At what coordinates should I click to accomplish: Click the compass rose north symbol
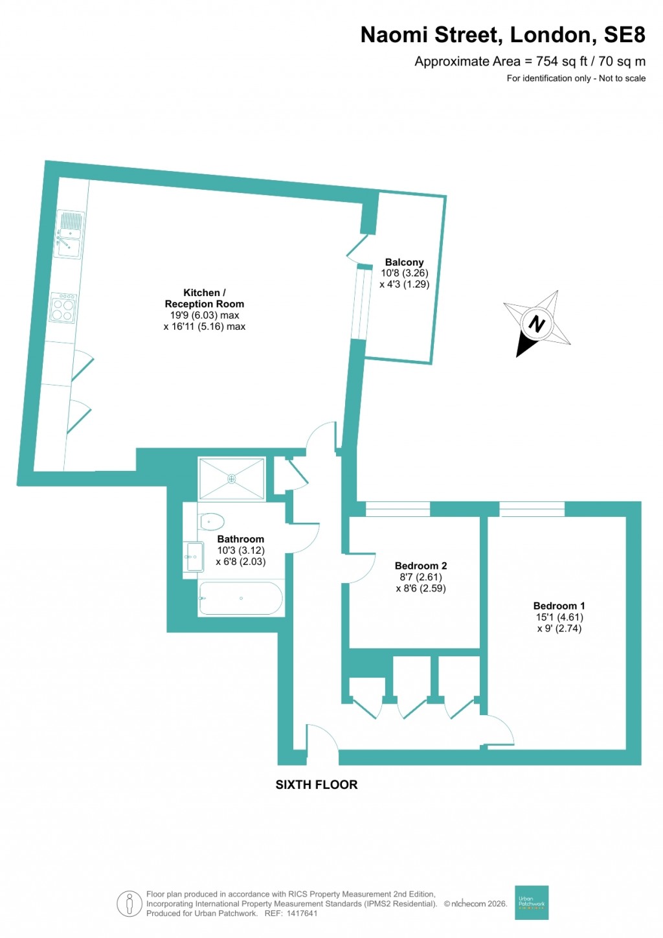point(537,323)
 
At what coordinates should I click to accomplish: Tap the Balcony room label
point(404,262)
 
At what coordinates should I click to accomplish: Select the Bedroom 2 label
point(421,566)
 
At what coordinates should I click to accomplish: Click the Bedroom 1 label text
point(559,606)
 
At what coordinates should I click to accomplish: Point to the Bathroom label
point(240,539)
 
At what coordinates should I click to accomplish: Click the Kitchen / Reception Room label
point(205,298)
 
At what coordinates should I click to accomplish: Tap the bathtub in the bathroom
point(240,598)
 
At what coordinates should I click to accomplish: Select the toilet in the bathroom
point(211,521)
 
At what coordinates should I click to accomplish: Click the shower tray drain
point(231,479)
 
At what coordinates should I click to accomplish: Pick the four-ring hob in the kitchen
point(63,308)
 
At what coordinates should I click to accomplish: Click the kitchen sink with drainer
point(69,234)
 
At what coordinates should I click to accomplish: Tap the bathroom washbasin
point(194,556)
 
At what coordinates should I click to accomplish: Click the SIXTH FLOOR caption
point(316,784)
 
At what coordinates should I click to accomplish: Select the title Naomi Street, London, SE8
point(502,35)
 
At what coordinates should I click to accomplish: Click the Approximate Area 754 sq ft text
point(530,62)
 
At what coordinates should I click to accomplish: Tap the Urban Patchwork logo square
point(532,902)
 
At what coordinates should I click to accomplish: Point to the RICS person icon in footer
point(129,904)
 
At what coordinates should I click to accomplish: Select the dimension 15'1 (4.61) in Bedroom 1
point(559,617)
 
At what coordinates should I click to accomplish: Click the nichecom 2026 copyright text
point(475,904)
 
